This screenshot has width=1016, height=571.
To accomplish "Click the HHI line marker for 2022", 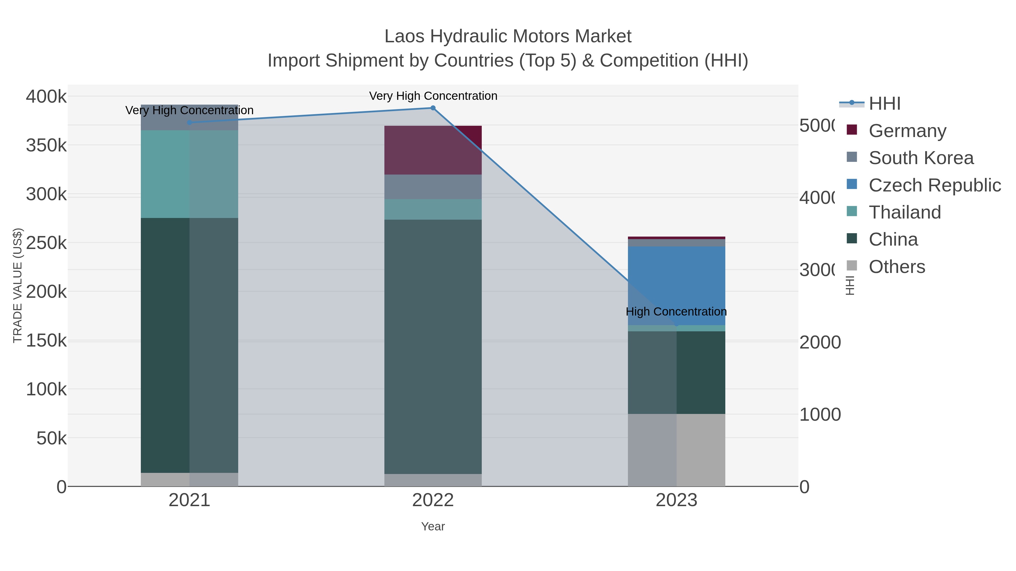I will (x=433, y=108).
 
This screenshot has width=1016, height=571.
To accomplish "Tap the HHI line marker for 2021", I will (x=189, y=123).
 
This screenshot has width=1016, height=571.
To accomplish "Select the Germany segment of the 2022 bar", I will (x=433, y=150).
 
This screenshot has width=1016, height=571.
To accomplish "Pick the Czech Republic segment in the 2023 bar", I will (x=676, y=285).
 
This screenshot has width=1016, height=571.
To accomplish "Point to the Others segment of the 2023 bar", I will (x=676, y=450).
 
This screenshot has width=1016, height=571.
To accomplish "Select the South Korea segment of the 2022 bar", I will (x=433, y=187).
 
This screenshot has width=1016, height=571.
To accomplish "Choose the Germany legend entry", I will (x=907, y=131).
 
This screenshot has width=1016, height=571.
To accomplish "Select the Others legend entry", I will (x=897, y=266).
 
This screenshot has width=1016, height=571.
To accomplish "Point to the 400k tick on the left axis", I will (x=46, y=96).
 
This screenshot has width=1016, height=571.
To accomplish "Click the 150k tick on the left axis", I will (x=46, y=340).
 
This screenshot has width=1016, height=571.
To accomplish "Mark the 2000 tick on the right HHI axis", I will (x=820, y=342).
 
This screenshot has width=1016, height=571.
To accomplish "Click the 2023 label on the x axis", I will (x=676, y=500).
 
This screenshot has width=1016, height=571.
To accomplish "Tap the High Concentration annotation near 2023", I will (x=676, y=311).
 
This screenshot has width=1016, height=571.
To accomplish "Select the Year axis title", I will (x=433, y=526).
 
